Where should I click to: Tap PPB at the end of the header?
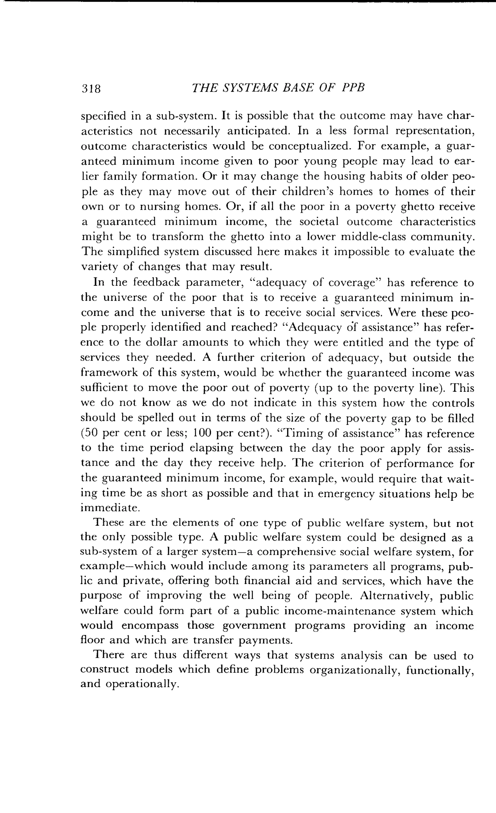pyautogui.click(x=353, y=88)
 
